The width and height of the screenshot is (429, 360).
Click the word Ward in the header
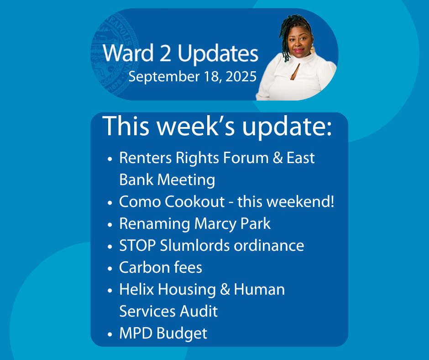click(128, 53)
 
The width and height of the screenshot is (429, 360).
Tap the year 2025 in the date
click(241, 76)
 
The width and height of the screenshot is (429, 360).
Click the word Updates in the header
click(218, 54)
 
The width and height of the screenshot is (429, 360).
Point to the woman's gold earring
click(313, 50)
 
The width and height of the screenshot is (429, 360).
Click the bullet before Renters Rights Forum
click(110, 159)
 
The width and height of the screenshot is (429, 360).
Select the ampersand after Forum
click(277, 158)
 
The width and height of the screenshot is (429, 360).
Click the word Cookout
click(194, 201)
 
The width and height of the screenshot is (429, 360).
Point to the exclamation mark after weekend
click(332, 201)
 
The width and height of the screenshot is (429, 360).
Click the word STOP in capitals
click(137, 245)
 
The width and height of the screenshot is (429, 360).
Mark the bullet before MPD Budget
click(110, 334)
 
